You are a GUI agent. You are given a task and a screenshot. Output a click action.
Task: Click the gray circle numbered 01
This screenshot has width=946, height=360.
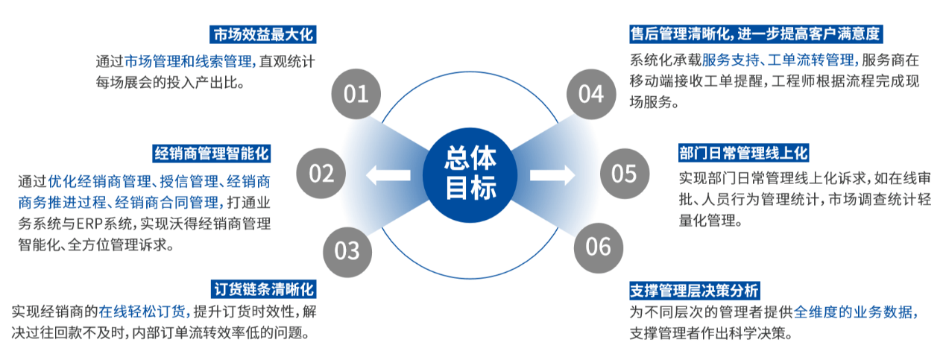(x=356, y=94)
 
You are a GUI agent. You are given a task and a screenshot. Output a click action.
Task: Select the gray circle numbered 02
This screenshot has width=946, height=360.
(x=321, y=173)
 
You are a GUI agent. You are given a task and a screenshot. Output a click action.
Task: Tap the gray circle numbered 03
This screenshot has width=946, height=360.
(x=347, y=252)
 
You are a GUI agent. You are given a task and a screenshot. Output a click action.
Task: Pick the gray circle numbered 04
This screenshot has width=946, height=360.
(x=591, y=94)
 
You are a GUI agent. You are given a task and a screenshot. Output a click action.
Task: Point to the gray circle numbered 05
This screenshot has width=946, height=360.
(x=625, y=174)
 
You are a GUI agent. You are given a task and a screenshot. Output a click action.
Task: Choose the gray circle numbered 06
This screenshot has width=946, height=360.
(x=598, y=247)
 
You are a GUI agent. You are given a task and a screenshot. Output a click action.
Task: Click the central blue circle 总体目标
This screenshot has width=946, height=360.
(x=470, y=174)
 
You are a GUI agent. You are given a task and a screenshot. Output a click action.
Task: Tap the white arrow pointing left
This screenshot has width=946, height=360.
(x=388, y=174)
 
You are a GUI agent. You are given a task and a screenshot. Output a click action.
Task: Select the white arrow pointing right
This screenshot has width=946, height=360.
(x=552, y=174)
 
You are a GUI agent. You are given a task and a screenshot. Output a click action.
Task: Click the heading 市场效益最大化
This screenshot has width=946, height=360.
(x=262, y=34)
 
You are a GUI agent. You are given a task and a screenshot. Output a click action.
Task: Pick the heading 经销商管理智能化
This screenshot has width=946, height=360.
(x=211, y=154)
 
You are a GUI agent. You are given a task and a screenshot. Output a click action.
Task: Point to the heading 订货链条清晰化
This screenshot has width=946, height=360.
(x=264, y=289)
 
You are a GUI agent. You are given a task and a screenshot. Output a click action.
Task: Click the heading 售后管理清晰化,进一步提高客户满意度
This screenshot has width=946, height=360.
(x=756, y=34)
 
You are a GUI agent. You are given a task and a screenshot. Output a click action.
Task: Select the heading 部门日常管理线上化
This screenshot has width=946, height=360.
(x=743, y=153)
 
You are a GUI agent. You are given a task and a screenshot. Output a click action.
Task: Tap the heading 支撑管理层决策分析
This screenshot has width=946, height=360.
(x=694, y=291)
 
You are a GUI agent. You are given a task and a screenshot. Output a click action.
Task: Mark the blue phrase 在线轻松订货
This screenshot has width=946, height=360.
(x=142, y=312)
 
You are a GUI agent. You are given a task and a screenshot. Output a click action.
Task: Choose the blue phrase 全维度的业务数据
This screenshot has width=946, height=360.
(x=853, y=312)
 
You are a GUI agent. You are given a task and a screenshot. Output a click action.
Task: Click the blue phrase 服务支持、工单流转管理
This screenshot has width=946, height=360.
(x=778, y=60)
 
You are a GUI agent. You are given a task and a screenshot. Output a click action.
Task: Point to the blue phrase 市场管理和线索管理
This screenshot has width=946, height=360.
(x=188, y=62)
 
